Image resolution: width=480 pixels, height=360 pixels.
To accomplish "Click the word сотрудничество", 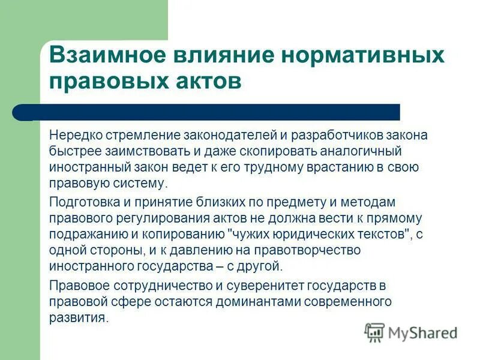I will (152, 284).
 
